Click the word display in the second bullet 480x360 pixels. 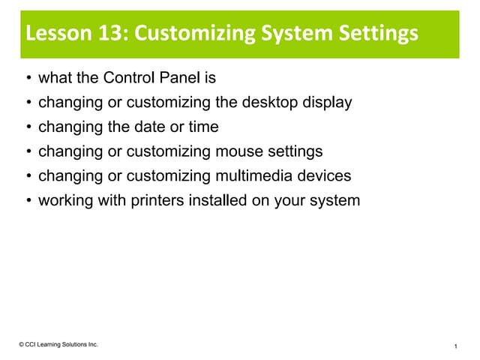pos(325,102)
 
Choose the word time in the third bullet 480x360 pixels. pos(203,127)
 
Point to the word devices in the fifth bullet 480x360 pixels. pos(324,176)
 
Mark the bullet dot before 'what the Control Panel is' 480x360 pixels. pos(28,78)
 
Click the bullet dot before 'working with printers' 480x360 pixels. pos(28,202)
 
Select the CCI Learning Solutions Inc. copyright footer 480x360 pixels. pos(59,344)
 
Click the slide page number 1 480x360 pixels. pos(455,345)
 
